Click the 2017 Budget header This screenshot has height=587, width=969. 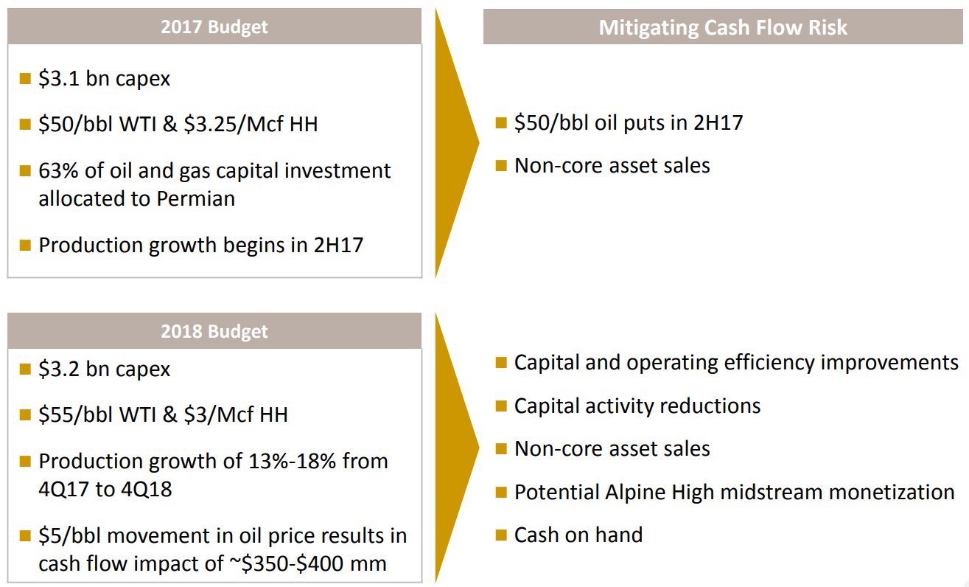[x=214, y=27]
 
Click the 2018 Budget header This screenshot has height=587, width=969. [x=214, y=332]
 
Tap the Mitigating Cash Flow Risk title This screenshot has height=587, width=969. [x=723, y=27]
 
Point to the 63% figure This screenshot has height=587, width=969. [x=55, y=171]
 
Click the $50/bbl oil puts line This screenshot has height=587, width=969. [x=629, y=122]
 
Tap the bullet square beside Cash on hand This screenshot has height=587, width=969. [x=501, y=535]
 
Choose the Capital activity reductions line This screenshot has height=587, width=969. [x=637, y=406]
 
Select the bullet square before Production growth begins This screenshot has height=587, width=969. [x=25, y=244]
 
